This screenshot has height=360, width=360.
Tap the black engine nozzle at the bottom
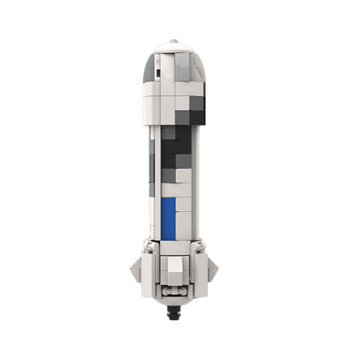tap(178, 305)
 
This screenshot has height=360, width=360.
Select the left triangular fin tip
tap(133, 271)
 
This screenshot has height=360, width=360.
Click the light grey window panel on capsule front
tap(183, 67)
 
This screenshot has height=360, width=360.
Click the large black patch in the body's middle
tap(176, 151)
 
